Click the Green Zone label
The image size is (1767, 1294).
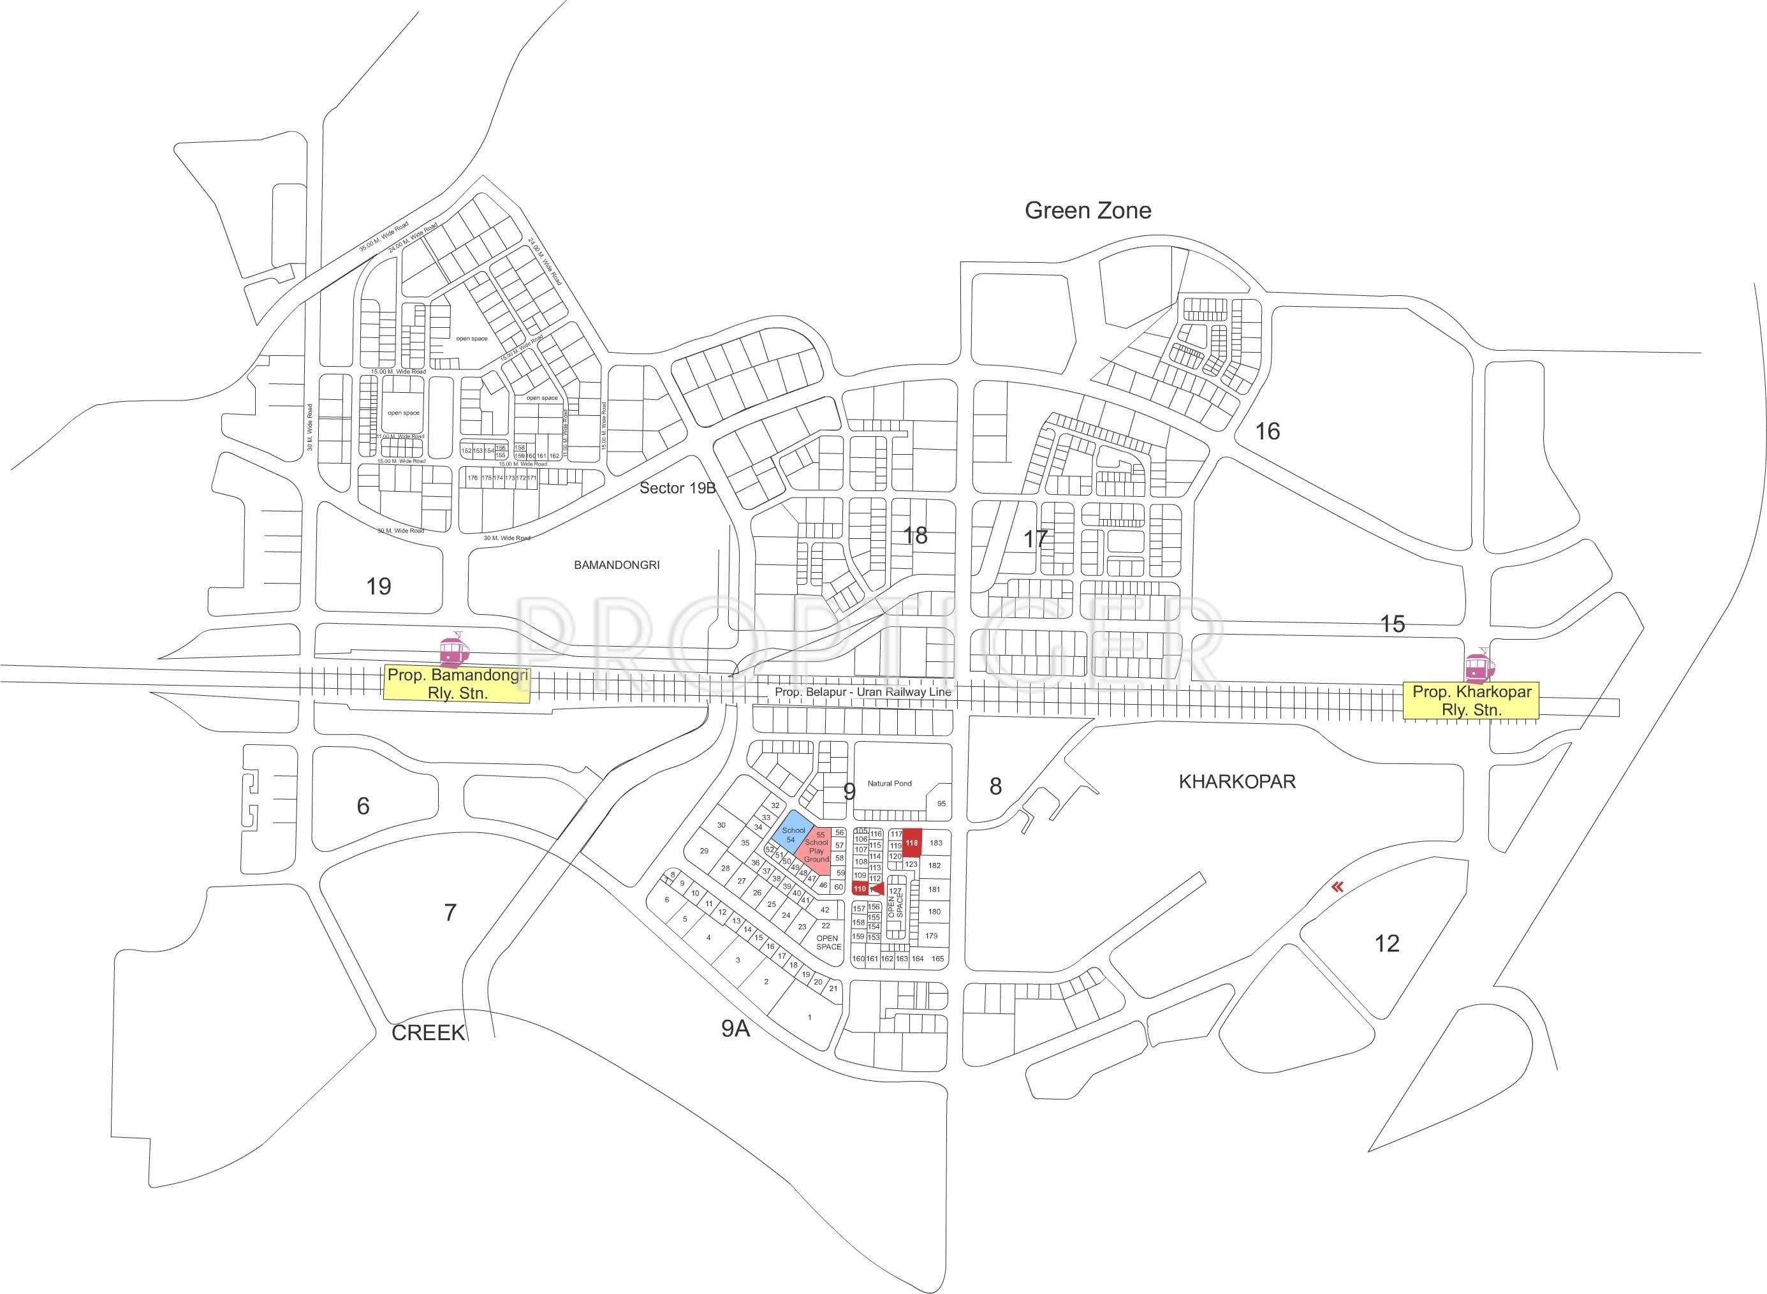[x=1088, y=210]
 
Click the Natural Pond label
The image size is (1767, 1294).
[x=890, y=783]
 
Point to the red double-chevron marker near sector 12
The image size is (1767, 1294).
[x=1338, y=886]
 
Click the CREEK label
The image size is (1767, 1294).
[x=429, y=1033]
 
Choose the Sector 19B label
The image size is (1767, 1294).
[x=677, y=488]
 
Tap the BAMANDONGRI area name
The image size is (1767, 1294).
[x=617, y=564]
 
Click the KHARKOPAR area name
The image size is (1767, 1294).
[x=1236, y=782]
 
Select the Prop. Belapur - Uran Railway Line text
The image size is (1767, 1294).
[x=863, y=693]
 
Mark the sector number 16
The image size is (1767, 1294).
[x=1267, y=431]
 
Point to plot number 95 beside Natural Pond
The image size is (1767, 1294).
[x=941, y=804]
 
